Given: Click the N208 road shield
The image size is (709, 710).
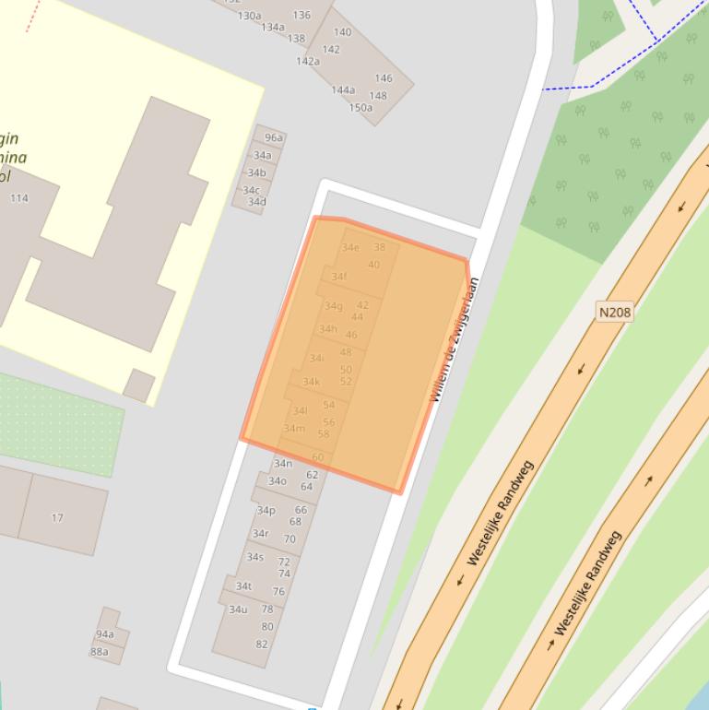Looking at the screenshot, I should coord(615,312).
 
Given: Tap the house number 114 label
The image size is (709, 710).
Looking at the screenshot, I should coord(19,198).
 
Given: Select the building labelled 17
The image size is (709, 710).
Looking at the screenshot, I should coord(57,517).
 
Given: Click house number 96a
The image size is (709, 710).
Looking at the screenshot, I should coord(273,138).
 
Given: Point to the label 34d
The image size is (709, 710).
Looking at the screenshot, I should coord(256,202).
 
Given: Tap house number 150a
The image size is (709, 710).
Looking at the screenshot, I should coord(360,108).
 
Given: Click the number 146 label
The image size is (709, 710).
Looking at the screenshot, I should coord(384,78).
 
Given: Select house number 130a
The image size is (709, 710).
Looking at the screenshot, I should coord(249,16).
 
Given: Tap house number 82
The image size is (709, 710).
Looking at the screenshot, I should coord(262,644).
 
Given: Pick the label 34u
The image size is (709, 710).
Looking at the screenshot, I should coord(238,609).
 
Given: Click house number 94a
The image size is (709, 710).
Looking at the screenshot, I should coord(105,634).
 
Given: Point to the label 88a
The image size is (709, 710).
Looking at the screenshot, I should coord(100,652).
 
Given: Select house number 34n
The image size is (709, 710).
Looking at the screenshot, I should coord(283,463).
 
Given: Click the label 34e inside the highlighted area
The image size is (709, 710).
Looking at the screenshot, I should coord(350,247).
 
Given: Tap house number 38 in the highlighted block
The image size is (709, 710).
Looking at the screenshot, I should coord(379,247).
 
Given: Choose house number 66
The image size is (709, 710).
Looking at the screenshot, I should coord(301,510).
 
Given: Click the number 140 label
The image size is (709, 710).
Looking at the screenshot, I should coord(342,32).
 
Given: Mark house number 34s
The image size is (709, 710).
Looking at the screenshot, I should coord(255,557).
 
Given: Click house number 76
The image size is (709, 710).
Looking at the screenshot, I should coord(278,592).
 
